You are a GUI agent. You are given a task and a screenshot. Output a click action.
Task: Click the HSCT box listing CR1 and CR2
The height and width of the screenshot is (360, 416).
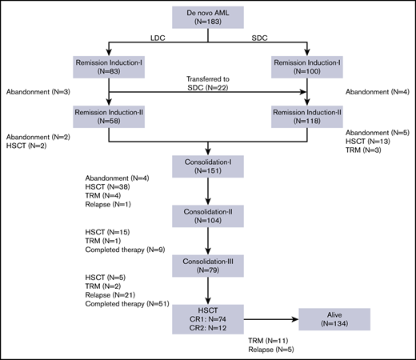pyautogui.click(x=208, y=318)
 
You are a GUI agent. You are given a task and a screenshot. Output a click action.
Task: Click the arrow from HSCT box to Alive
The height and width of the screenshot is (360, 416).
pyautogui.click(x=271, y=318)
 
